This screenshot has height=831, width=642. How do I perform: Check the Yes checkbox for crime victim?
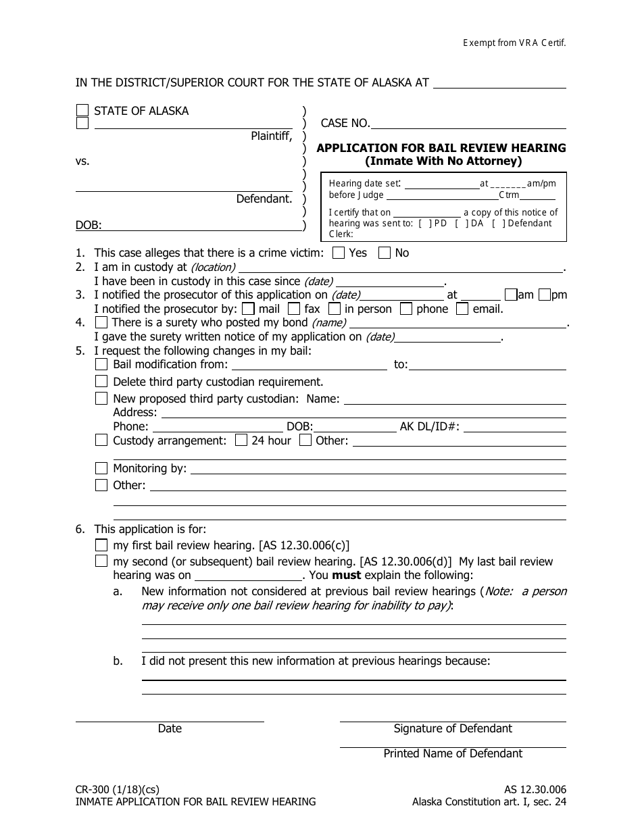point(339,253)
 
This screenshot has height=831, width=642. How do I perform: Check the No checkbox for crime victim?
point(385,253)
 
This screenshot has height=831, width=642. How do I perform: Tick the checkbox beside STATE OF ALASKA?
point(82,110)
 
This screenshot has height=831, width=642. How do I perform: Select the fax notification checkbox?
point(293,309)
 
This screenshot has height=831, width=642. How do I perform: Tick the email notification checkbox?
point(462,309)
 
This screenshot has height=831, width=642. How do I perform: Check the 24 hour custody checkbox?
point(241,440)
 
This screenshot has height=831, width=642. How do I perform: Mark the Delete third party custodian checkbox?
point(101,382)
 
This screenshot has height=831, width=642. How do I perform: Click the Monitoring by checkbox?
point(101,468)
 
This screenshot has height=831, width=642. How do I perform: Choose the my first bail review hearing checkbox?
point(101,545)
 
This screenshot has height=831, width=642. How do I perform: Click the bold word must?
point(347,576)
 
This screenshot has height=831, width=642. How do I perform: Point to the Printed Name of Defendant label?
point(453,753)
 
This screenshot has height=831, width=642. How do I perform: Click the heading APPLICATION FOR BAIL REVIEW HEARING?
point(441,148)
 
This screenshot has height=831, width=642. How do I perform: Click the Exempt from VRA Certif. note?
point(514,42)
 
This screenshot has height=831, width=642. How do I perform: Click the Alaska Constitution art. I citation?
point(489,802)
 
